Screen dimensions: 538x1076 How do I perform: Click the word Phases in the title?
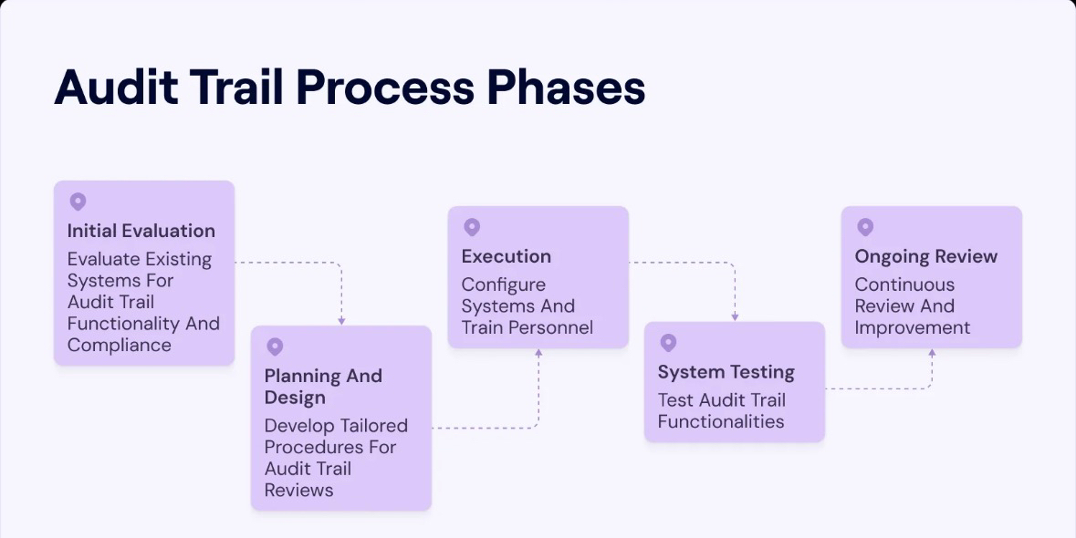point(565,88)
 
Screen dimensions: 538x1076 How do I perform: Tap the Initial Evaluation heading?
point(141,231)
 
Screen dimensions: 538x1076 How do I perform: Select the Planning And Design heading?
point(323,387)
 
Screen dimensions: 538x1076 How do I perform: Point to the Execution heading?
point(506,256)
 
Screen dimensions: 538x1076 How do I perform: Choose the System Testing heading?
point(726,372)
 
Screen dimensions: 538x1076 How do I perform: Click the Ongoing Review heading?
point(925,256)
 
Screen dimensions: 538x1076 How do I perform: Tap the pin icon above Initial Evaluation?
point(78,202)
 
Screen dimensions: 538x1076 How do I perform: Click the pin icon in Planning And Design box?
point(275,347)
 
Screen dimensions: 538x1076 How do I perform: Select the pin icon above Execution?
point(472,227)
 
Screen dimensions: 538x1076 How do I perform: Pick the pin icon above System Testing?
point(668,343)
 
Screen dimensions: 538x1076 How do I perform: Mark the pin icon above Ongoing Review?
point(865,227)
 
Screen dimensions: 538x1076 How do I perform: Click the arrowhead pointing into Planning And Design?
point(341,321)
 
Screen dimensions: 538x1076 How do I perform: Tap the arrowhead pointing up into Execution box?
point(538,352)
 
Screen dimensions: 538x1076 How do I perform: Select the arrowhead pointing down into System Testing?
point(735,316)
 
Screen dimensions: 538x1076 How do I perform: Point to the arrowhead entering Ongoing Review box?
point(932,352)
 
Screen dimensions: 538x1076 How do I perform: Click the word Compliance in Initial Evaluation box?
point(119,345)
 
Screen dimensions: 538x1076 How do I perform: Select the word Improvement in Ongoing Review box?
point(912,327)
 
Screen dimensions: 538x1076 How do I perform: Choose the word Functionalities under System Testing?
point(720,421)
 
